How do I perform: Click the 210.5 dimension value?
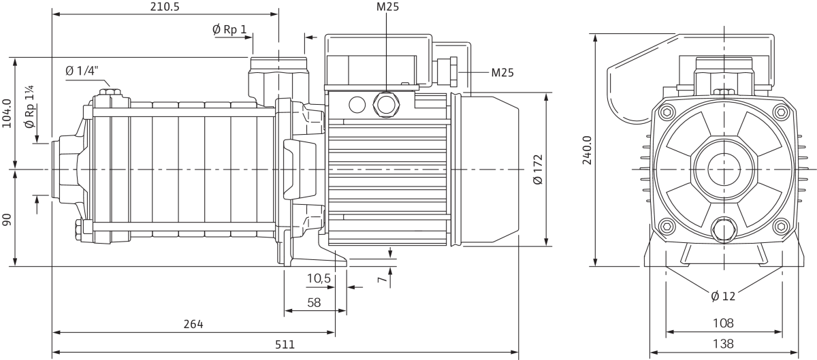pyautogui.click(x=165, y=7)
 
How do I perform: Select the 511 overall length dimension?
pyautogui.click(x=285, y=344)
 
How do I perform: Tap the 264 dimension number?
pyautogui.click(x=193, y=323)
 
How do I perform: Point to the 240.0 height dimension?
pyautogui.click(x=587, y=150)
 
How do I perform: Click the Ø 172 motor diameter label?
pyautogui.click(x=538, y=169)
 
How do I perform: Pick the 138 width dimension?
pyautogui.click(x=723, y=343)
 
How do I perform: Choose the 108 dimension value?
pyautogui.click(x=723, y=323)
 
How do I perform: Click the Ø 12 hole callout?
pyautogui.click(x=723, y=296)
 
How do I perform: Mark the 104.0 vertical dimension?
pyautogui.click(x=7, y=114)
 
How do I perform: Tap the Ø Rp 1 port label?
pyautogui.click(x=229, y=29)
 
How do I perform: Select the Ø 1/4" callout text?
pyautogui.click(x=82, y=70)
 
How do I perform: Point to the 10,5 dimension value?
pyautogui.click(x=319, y=278)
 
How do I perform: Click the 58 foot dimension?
pyautogui.click(x=314, y=302)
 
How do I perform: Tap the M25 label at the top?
pyautogui.click(x=387, y=7)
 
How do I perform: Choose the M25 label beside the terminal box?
pyautogui.click(x=502, y=73)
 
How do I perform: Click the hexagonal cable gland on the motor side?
pyautogui.click(x=386, y=105)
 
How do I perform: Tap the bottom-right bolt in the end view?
pyautogui.click(x=781, y=227)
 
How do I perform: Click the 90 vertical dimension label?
pyautogui.click(x=7, y=220)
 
